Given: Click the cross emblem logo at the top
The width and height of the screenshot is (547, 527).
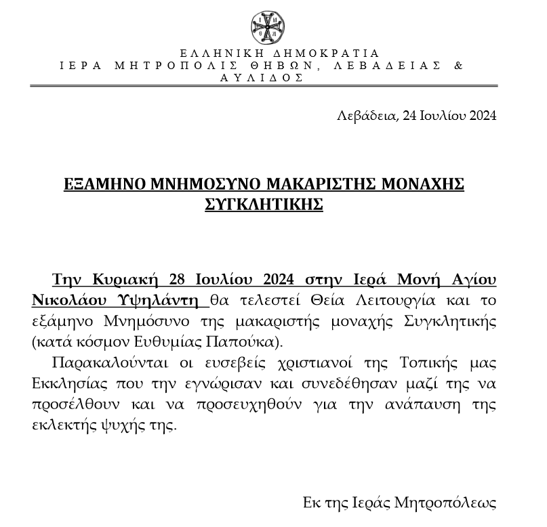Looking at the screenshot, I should click(x=266, y=26).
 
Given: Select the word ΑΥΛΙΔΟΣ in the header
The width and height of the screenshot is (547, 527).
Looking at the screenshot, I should click(x=262, y=78).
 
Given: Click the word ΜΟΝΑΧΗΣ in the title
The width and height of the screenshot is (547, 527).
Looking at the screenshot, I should click(x=422, y=184).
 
